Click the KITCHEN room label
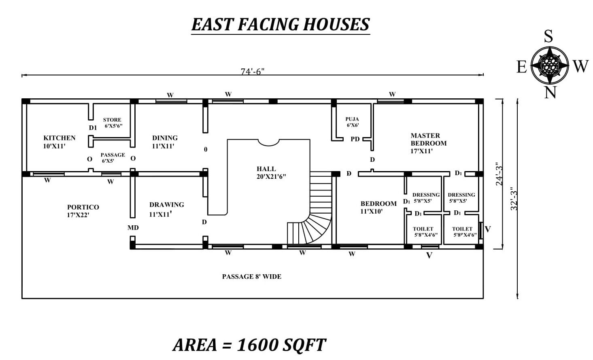point(59,142)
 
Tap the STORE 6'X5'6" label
point(113,123)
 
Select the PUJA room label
point(352,122)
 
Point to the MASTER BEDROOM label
point(429,143)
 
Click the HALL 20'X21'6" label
point(271,172)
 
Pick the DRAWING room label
point(166,209)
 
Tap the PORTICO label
point(83,211)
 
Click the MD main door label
point(133,227)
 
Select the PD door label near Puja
point(355,139)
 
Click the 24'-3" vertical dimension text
point(499,174)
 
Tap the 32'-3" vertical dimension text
point(514,199)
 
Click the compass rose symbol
point(550,66)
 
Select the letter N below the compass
point(550,92)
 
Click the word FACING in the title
point(268,24)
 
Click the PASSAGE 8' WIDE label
point(251,277)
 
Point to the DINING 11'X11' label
point(165,142)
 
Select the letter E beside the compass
point(521,67)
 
